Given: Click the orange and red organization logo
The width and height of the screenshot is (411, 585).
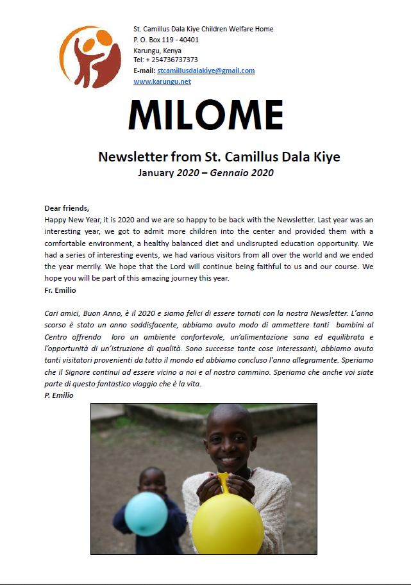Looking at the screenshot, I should coord(90,57).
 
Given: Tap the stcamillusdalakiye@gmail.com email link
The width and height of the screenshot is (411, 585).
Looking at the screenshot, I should coord(206,70).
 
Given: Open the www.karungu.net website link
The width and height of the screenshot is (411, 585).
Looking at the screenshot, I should coord(162,82).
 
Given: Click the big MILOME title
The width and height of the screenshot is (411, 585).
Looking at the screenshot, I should coord(205,115).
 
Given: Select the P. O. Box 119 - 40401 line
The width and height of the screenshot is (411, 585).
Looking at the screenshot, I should coord(166,40).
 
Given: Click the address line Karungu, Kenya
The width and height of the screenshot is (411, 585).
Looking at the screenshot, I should coord(157,50).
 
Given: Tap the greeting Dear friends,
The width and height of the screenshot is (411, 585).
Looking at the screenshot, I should coord(67,208).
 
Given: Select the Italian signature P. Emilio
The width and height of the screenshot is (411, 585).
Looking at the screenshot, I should coord(58,395).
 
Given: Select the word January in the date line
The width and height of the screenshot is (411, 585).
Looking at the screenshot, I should coord(156,173).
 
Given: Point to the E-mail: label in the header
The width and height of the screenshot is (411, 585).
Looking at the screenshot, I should coord(144,70).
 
